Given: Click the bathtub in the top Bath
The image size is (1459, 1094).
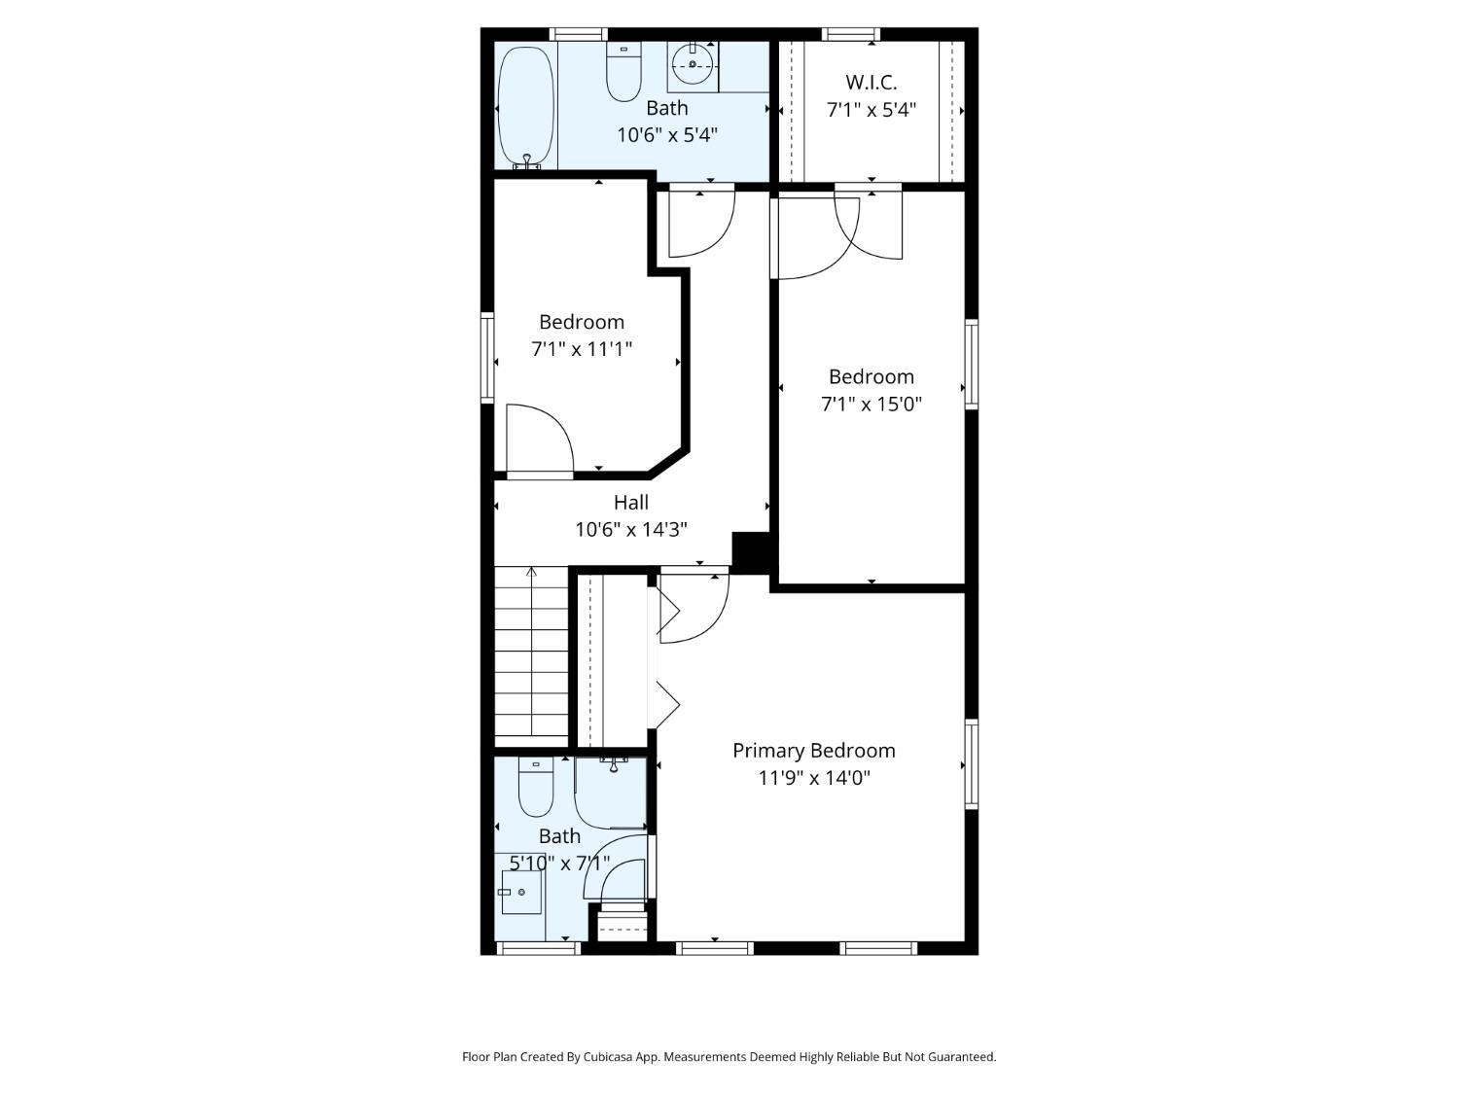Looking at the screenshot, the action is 526,106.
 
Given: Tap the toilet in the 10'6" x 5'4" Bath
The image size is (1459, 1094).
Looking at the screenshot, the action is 623,71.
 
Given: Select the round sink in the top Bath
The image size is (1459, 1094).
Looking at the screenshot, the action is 693,64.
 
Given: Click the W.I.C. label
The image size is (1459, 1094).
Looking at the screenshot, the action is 871,83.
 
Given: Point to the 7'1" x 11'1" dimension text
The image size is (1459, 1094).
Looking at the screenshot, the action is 581,349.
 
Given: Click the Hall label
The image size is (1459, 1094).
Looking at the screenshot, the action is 631,502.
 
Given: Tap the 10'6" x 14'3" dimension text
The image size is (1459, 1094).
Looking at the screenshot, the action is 631,529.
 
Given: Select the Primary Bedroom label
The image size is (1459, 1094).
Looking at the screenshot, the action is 813,751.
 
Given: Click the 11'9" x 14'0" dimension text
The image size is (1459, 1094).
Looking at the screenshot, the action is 813,777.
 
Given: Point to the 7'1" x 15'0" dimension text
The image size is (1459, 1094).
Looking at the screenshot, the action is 872,404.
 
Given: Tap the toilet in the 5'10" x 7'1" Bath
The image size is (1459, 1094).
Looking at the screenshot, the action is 536,787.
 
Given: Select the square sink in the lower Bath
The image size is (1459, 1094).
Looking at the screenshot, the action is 521,892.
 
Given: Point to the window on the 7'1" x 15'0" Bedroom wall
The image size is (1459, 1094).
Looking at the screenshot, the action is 971,364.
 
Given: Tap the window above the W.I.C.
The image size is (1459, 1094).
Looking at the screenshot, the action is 851,35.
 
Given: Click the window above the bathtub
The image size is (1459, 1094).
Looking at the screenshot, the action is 579,35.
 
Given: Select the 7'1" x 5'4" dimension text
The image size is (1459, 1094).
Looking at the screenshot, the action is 871,110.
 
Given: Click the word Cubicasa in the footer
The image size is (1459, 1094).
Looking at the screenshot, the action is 608,1056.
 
